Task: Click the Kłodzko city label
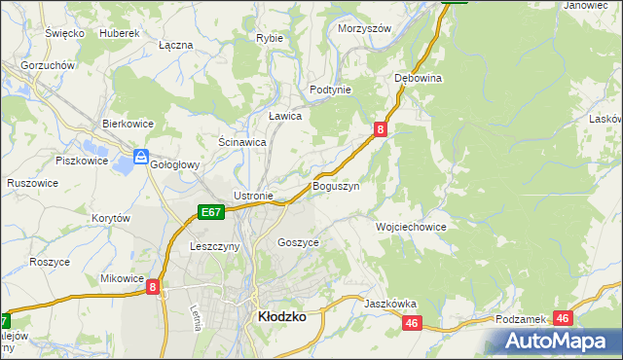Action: coord(282,317)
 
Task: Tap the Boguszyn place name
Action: coord(336,185)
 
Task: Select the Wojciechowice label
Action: coord(411,227)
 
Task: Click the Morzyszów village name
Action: coord(364,28)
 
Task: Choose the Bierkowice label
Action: coord(129,124)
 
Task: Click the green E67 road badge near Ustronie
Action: coord(212,211)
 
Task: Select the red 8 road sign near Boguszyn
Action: coord(381,127)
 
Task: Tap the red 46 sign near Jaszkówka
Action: coord(412,323)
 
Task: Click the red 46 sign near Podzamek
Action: coord(562,318)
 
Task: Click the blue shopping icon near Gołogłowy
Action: coord(141,156)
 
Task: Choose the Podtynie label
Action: coord(330,89)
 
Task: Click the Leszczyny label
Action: coord(215,247)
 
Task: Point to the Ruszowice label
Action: coord(31,182)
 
